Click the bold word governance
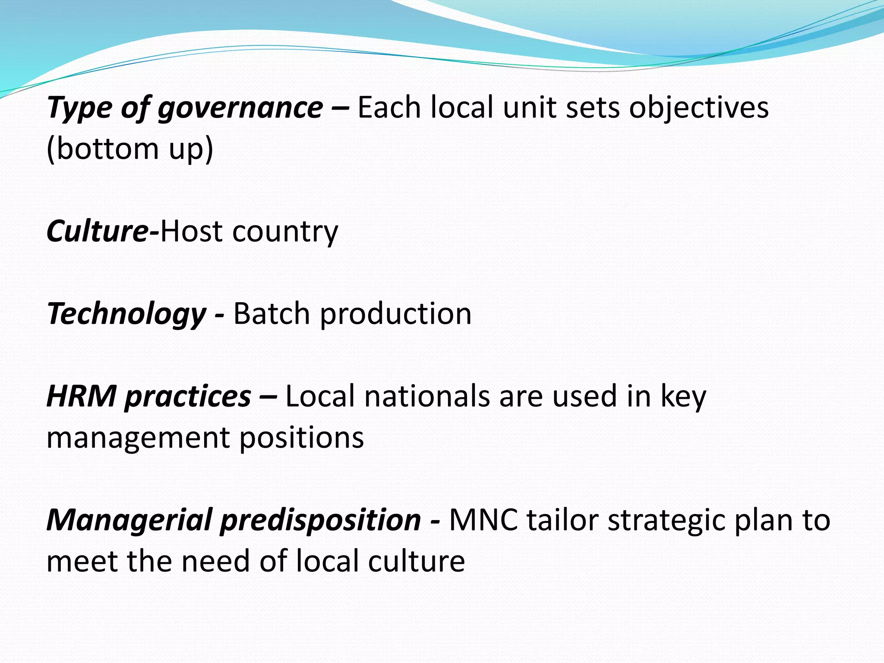coord(240,108)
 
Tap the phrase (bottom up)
coord(129,149)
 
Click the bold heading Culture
coord(98,232)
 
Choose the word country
coord(285,232)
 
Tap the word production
coord(395,314)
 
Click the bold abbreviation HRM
coord(81,396)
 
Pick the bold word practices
coord(188,396)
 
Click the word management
coord(138,438)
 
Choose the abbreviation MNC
coord(483,520)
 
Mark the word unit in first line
coord(530,108)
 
